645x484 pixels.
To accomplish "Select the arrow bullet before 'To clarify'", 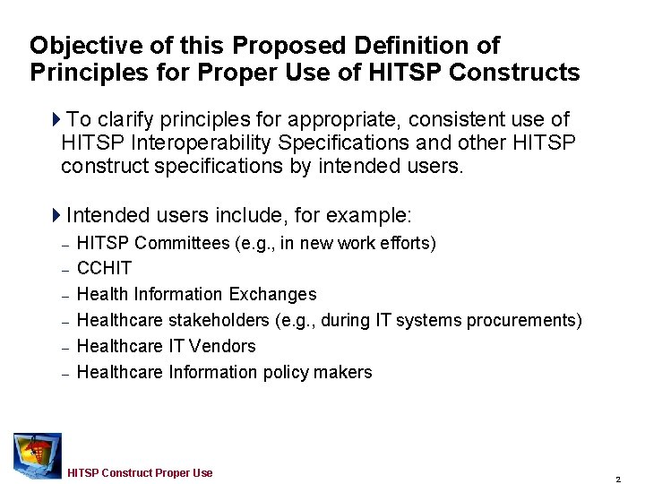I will coord(57,119).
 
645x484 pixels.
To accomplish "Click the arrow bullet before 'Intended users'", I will coord(57,216).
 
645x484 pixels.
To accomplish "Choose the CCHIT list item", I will coord(105,268).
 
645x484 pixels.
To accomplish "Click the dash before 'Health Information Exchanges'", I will coord(65,295).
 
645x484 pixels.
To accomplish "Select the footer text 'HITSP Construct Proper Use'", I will coord(140,472).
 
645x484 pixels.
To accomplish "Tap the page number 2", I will coord(618,479).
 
